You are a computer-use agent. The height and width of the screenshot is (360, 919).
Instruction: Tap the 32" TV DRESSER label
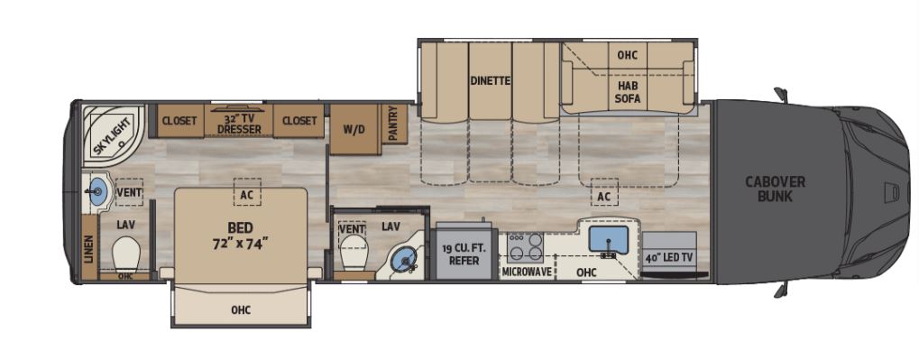(x=239, y=123)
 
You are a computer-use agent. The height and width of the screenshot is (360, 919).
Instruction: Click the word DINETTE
(x=490, y=80)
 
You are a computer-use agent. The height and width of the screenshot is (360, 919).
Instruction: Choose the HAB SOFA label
(x=628, y=93)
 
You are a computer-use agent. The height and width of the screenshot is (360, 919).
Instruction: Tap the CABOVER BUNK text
(x=775, y=189)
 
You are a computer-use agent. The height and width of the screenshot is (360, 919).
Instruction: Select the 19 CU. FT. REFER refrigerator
(x=465, y=254)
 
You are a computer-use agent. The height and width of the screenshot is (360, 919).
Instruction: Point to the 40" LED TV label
(x=668, y=257)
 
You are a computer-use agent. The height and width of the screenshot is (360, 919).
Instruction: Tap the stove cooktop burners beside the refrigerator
(x=525, y=246)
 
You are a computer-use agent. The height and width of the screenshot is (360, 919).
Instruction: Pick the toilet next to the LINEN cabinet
(x=127, y=255)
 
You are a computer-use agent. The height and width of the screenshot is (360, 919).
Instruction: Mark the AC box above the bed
(x=243, y=193)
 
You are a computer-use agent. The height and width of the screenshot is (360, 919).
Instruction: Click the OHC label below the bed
(x=240, y=310)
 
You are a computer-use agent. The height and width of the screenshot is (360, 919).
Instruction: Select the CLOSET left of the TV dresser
(x=179, y=121)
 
